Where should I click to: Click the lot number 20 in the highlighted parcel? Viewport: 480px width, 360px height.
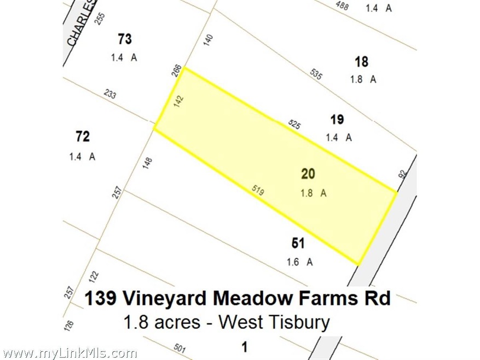pyautogui.click(x=308, y=174)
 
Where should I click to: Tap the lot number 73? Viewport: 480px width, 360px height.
pyautogui.click(x=125, y=39)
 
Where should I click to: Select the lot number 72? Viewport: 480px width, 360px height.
pyautogui.click(x=83, y=137)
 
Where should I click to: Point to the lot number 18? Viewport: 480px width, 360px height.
pyautogui.click(x=361, y=61)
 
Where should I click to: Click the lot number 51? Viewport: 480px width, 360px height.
pyautogui.click(x=298, y=243)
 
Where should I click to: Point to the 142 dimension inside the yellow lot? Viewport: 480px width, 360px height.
pyautogui.click(x=180, y=102)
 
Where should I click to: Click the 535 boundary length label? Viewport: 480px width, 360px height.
pyautogui.click(x=316, y=74)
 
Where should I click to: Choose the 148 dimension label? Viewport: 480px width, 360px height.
pyautogui.click(x=147, y=163)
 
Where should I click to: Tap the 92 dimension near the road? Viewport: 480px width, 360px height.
pyautogui.click(x=403, y=174)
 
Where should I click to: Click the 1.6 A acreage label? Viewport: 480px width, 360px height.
pyautogui.click(x=299, y=262)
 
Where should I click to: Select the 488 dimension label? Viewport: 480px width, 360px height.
pyautogui.click(x=342, y=6)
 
